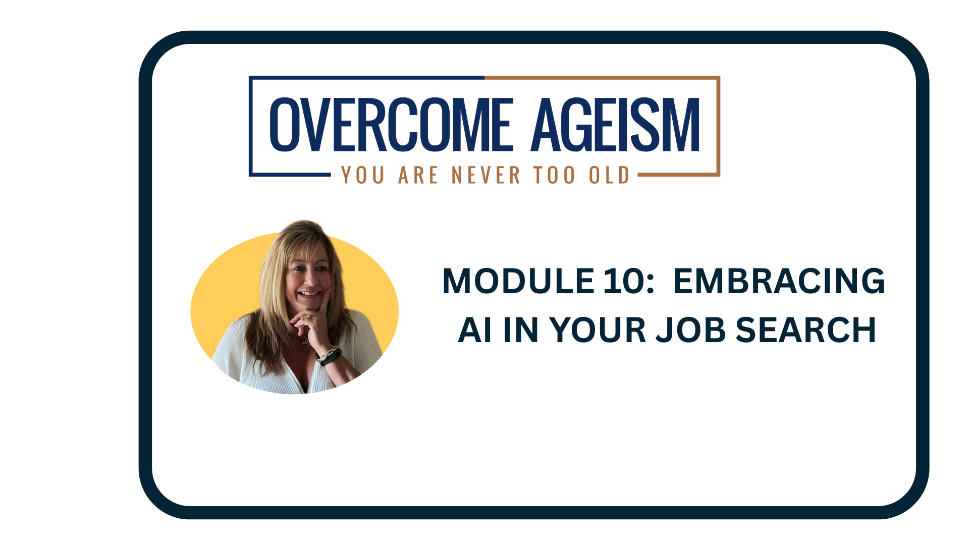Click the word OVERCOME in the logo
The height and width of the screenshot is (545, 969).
[392, 124]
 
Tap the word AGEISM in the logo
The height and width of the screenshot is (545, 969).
[616, 124]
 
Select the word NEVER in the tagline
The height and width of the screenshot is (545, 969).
[486, 175]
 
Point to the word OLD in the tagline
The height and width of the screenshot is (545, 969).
[609, 175]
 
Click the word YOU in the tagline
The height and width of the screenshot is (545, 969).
[363, 175]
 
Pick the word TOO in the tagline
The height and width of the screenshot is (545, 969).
[555, 175]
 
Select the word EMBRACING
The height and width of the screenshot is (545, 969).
[779, 281]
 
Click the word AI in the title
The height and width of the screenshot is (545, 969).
[474, 330]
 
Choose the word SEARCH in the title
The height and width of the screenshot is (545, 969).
[805, 330]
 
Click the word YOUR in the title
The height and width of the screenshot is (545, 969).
[598, 330]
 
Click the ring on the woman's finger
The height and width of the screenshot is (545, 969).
[308, 317]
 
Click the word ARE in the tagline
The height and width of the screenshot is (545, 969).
[418, 175]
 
